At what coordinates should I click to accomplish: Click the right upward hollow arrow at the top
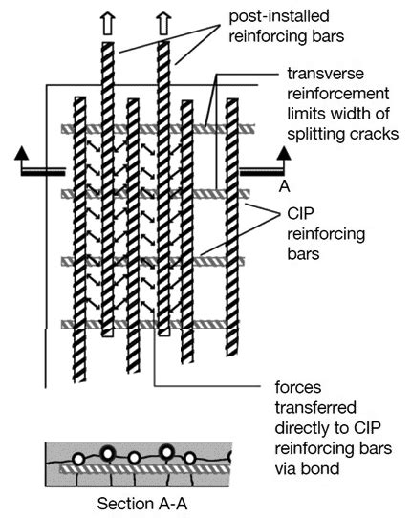click(x=163, y=21)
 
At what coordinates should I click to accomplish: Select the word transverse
click(x=320, y=75)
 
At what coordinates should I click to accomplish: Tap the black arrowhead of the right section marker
click(x=282, y=153)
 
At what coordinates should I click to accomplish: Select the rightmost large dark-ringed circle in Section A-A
click(x=167, y=452)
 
